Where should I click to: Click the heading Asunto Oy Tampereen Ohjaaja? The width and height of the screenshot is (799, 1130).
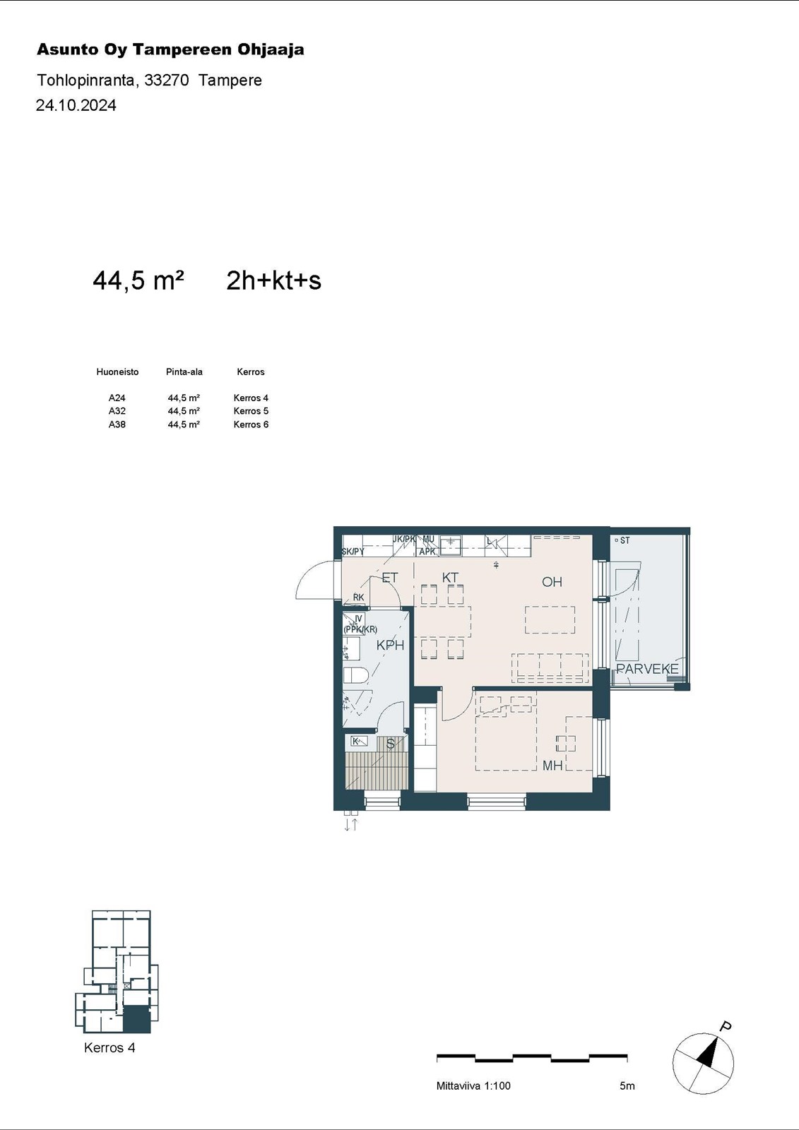(x=170, y=49)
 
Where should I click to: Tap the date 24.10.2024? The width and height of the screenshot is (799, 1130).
(x=76, y=105)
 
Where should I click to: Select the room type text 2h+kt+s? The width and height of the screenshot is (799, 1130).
(x=273, y=280)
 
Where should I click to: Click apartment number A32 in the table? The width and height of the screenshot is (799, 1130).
(x=117, y=411)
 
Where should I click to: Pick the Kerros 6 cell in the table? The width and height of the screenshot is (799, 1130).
(x=251, y=424)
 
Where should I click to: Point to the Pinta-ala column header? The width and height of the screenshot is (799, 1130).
(x=184, y=371)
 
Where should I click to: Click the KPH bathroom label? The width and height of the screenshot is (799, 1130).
(x=390, y=645)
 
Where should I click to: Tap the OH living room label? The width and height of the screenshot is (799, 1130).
(x=552, y=582)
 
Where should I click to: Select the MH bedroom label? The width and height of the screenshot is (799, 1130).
(x=552, y=766)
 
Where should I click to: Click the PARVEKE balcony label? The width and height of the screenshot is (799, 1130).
(x=648, y=670)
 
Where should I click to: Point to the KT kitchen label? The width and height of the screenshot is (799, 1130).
(x=450, y=578)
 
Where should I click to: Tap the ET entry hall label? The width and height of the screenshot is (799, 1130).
(x=390, y=578)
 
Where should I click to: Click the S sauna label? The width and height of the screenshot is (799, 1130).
(x=390, y=744)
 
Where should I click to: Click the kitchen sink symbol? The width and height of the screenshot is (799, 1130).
(x=450, y=545)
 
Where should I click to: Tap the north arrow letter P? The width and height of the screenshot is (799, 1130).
(x=726, y=1026)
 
